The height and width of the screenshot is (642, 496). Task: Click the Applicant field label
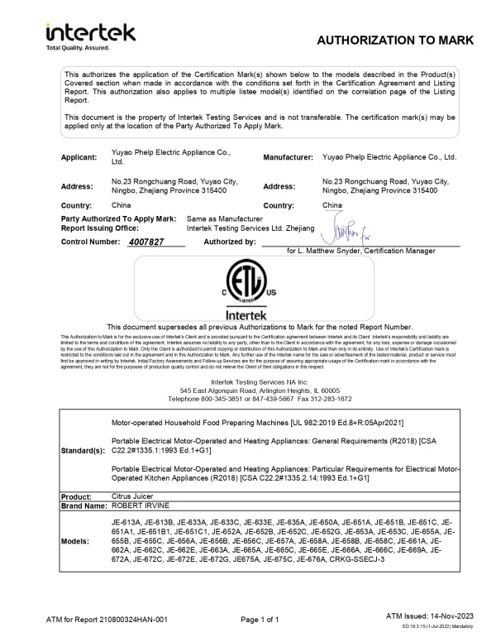tap(81, 156)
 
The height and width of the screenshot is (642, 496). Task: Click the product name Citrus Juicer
tap(132, 496)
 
